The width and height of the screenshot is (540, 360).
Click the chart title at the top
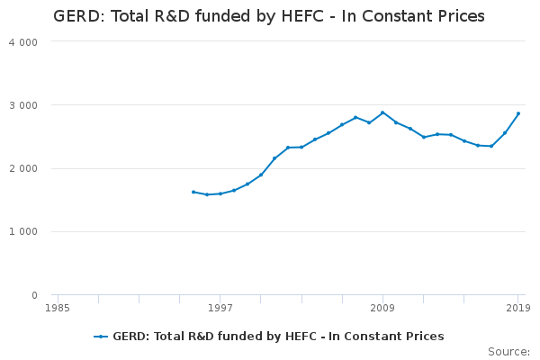pyautogui.click(x=269, y=16)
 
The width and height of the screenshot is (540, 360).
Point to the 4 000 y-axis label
pyautogui.click(x=23, y=42)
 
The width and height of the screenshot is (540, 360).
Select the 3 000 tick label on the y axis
pyautogui.click(x=23, y=105)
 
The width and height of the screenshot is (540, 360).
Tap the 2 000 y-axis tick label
pyautogui.click(x=23, y=169)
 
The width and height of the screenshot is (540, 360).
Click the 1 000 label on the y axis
pyautogui.click(x=23, y=231)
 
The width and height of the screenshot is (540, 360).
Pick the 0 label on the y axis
pyautogui.click(x=34, y=295)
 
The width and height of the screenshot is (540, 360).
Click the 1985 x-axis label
pyautogui.click(x=58, y=308)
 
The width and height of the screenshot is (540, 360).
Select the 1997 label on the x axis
pyautogui.click(x=220, y=308)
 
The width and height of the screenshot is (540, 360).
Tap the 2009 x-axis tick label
pyautogui.click(x=382, y=308)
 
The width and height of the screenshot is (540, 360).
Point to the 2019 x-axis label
pyautogui.click(x=518, y=308)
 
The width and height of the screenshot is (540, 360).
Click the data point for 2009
pyautogui.click(x=382, y=112)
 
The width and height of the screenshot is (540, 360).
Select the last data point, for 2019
pyautogui.click(x=518, y=113)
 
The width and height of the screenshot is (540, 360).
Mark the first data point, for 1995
pyautogui.click(x=193, y=192)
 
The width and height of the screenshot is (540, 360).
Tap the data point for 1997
pyautogui.click(x=220, y=193)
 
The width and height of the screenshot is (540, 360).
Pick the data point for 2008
pyautogui.click(x=369, y=122)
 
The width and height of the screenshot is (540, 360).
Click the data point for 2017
pyautogui.click(x=491, y=146)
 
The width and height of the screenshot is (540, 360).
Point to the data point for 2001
pyautogui.click(x=274, y=158)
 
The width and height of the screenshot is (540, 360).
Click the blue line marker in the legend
pyautogui.click(x=101, y=337)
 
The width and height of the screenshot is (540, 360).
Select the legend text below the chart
pyautogui.click(x=278, y=337)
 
